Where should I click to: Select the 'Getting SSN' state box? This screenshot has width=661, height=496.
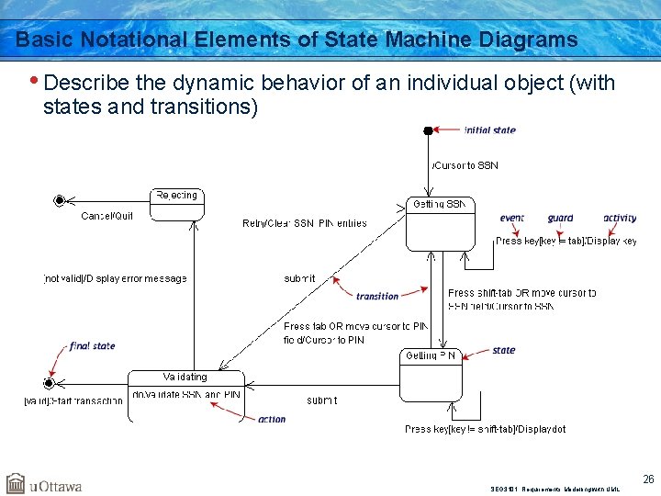(x=442, y=223)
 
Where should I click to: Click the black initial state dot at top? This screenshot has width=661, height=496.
(x=428, y=130)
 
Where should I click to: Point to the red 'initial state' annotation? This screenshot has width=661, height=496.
(x=489, y=130)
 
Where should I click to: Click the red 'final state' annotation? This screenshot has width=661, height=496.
(x=92, y=346)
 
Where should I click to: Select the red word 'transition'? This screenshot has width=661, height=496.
(x=377, y=296)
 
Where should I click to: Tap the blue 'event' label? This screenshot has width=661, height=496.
(x=512, y=219)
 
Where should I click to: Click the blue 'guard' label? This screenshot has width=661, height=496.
(x=560, y=219)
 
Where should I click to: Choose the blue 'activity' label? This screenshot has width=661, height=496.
(x=620, y=219)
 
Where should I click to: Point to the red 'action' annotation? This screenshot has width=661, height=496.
(x=272, y=419)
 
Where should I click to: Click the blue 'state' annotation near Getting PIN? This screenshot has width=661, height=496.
(x=503, y=350)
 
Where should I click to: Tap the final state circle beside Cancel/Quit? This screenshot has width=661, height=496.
(x=60, y=200)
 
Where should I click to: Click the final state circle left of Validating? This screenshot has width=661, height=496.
(x=50, y=382)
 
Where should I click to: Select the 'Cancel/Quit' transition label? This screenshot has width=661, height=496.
(x=106, y=216)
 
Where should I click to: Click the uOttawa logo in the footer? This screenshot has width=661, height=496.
(x=44, y=484)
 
